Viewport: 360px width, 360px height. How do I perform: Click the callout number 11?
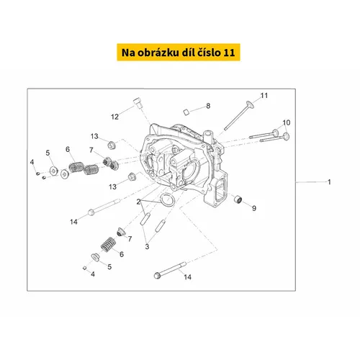(x=264, y=96)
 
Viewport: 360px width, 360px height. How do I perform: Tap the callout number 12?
(x=114, y=117)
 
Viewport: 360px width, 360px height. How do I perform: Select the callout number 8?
(x=208, y=106)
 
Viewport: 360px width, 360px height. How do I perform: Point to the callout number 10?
(x=287, y=122)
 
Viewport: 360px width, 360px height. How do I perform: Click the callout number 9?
(x=254, y=208)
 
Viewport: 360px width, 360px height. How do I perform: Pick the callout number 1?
(x=329, y=182)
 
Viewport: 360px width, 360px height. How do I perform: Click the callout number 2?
(x=138, y=202)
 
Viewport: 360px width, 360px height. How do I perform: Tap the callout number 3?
(x=147, y=246)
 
